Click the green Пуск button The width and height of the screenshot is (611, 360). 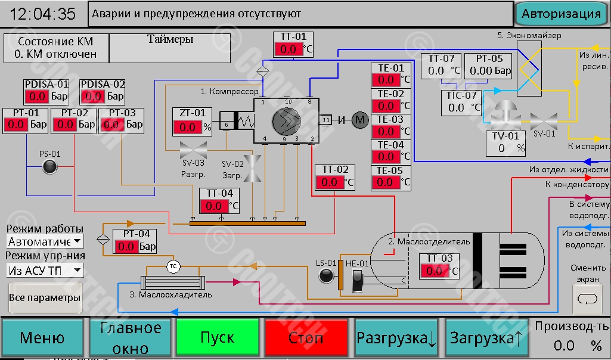pyautogui.click(x=218, y=338)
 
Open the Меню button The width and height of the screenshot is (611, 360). pyautogui.click(x=42, y=338)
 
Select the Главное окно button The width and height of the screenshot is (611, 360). pyautogui.click(x=130, y=338)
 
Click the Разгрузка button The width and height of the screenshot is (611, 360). pyautogui.click(x=396, y=338)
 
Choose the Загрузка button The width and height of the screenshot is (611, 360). pyautogui.click(x=486, y=338)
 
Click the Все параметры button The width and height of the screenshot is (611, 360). pyautogui.click(x=45, y=297)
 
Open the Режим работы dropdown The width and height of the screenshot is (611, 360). pyautogui.click(x=45, y=241)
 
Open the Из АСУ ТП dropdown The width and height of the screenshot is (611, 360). pyautogui.click(x=45, y=271)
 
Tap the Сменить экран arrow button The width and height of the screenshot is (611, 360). pyautogui.click(x=588, y=299)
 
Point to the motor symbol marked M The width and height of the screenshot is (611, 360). pyautogui.click(x=360, y=120)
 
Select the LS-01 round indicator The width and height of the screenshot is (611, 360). pyautogui.click(x=326, y=275)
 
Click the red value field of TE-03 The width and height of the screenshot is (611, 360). pyautogui.click(x=386, y=131)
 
